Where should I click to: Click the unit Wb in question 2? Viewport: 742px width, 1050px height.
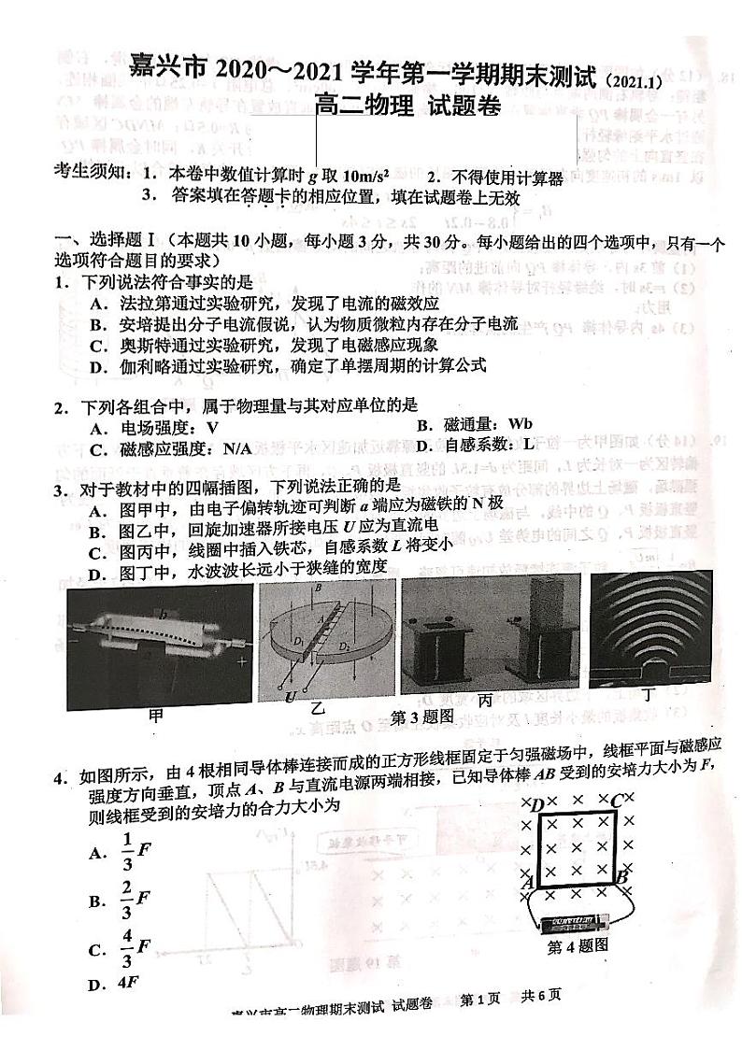[522, 426]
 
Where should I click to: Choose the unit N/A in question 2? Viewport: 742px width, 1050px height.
[235, 448]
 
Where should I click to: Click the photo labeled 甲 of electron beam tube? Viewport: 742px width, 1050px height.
[160, 645]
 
